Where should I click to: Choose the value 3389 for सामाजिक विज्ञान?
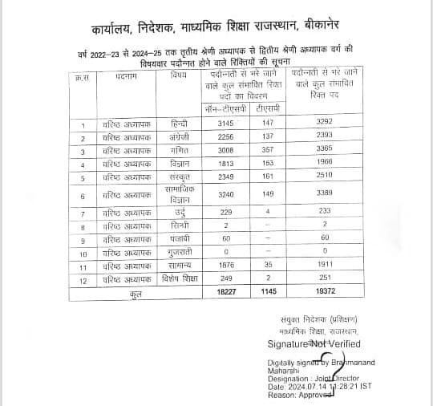tap(326, 194)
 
